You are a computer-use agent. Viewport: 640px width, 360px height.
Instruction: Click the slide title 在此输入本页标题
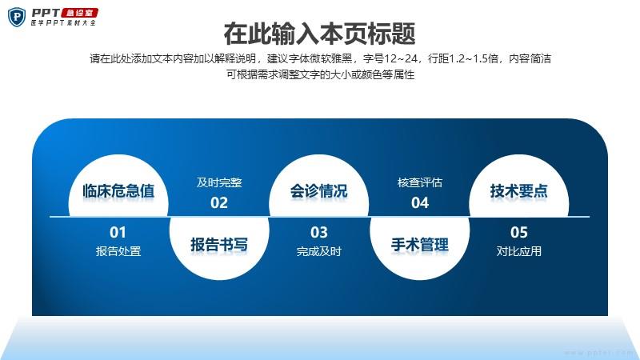[319, 34]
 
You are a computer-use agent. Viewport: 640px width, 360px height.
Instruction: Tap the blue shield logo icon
[17, 17]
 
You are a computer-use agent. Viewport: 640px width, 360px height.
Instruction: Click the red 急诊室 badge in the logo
[80, 13]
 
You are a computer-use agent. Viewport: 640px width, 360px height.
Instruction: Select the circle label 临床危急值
[118, 191]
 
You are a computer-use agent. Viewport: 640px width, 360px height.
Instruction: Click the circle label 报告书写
[219, 245]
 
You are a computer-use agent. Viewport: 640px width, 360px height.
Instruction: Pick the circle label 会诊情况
[318, 191]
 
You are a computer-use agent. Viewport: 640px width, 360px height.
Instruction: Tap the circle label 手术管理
[419, 245]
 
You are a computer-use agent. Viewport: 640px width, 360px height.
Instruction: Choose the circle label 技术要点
[518, 191]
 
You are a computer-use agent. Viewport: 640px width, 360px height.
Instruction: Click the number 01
[118, 232]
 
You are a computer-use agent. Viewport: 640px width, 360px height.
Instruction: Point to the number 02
[219, 203]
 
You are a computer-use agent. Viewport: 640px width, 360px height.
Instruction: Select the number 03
[318, 232]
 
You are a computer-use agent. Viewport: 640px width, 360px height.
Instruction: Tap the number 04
[420, 203]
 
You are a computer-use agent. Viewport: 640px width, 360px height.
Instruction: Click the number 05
[518, 232]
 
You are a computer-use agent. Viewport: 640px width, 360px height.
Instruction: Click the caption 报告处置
[118, 251]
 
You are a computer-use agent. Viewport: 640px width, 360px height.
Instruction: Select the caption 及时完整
[219, 182]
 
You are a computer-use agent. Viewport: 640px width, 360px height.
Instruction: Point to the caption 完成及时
[318, 251]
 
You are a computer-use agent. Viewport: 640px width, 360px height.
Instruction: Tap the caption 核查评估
[420, 182]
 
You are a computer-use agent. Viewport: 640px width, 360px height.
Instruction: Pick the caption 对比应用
[518, 251]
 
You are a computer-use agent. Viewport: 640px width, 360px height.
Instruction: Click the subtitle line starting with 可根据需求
[321, 74]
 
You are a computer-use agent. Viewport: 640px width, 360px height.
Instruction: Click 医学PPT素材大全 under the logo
[63, 23]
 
